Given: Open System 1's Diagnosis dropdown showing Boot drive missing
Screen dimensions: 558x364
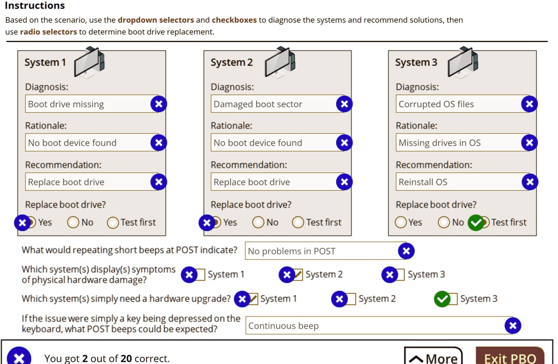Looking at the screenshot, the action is [87, 104].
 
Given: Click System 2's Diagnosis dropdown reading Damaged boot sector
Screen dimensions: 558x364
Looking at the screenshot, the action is [272, 104].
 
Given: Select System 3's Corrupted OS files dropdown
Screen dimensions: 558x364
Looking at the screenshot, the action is [458, 104].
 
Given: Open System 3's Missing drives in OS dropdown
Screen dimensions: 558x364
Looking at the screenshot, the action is [458, 143].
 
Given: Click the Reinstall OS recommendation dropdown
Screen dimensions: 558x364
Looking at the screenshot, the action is [458, 182].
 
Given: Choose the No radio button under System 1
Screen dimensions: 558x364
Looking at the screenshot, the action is [73, 222].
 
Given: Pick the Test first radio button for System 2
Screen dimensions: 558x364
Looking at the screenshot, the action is [298, 222].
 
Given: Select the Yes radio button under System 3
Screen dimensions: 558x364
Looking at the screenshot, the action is [401, 222].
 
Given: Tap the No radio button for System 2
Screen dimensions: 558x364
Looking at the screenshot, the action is [258, 222].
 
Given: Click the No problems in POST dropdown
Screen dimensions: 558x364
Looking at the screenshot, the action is [322, 251].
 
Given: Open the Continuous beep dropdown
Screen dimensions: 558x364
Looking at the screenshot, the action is [376, 326].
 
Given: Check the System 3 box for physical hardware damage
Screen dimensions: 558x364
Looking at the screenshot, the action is [399, 275].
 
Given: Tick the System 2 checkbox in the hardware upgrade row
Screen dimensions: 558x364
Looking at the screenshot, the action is [350, 299].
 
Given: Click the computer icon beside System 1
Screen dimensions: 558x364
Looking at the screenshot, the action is [89, 62].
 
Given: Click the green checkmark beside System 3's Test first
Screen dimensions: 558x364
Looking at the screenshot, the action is [476, 222].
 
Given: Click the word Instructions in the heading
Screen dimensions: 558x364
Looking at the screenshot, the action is [35, 6].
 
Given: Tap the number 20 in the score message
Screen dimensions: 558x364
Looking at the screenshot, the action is [126, 359].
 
